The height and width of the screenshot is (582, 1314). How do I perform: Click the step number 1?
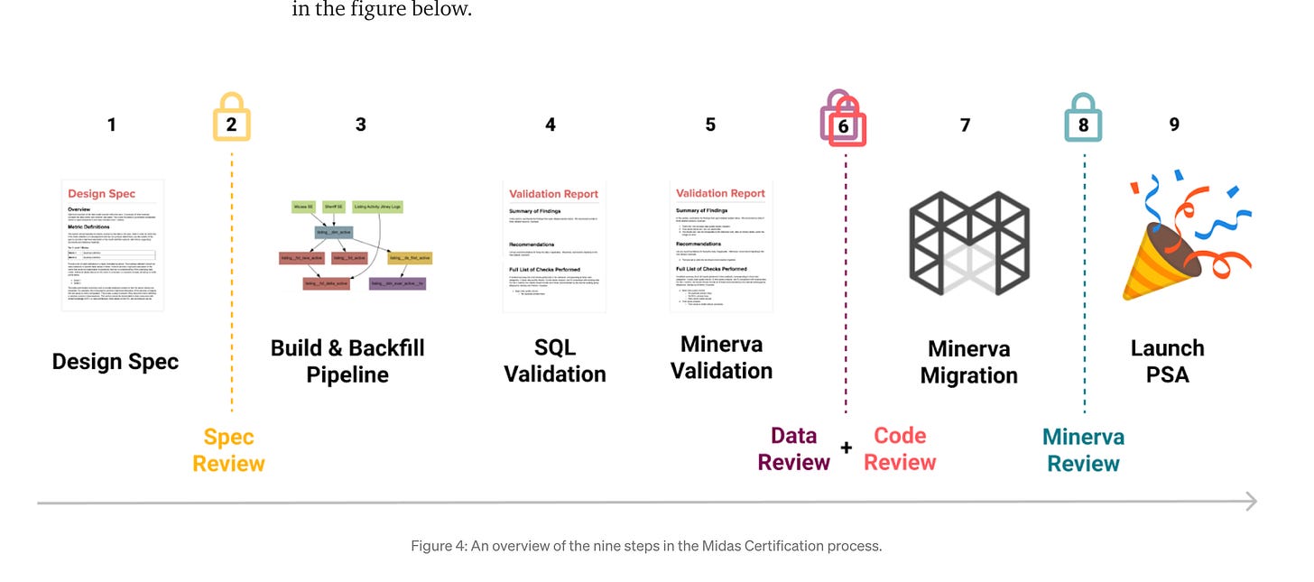coord(111,125)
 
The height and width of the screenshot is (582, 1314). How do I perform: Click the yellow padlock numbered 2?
coord(231,119)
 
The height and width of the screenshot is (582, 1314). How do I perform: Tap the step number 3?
coord(360,125)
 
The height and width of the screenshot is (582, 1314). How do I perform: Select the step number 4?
coord(551,125)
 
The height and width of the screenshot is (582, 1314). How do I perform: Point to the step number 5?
coord(710,125)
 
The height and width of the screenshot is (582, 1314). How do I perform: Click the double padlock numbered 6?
coord(843,120)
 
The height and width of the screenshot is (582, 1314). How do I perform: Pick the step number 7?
coord(965,125)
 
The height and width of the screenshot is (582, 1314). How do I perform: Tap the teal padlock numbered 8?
coord(1083,120)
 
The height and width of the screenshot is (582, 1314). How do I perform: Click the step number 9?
coord(1174,125)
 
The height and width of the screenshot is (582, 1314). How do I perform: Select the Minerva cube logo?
coord(968,244)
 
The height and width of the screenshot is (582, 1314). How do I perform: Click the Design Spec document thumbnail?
coord(113,245)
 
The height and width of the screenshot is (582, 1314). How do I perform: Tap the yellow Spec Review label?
coord(228,450)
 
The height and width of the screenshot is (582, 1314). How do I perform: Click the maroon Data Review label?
coord(793,448)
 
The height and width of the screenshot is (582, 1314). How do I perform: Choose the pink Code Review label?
coord(900,448)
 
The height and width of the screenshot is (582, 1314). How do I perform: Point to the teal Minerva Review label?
coord(1083,450)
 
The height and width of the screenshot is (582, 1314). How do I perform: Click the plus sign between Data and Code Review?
coord(847,448)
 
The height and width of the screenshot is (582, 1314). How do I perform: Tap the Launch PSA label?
coord(1167,361)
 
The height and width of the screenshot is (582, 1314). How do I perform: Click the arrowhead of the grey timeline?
coord(1251,502)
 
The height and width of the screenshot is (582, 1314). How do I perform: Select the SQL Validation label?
coord(554,361)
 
